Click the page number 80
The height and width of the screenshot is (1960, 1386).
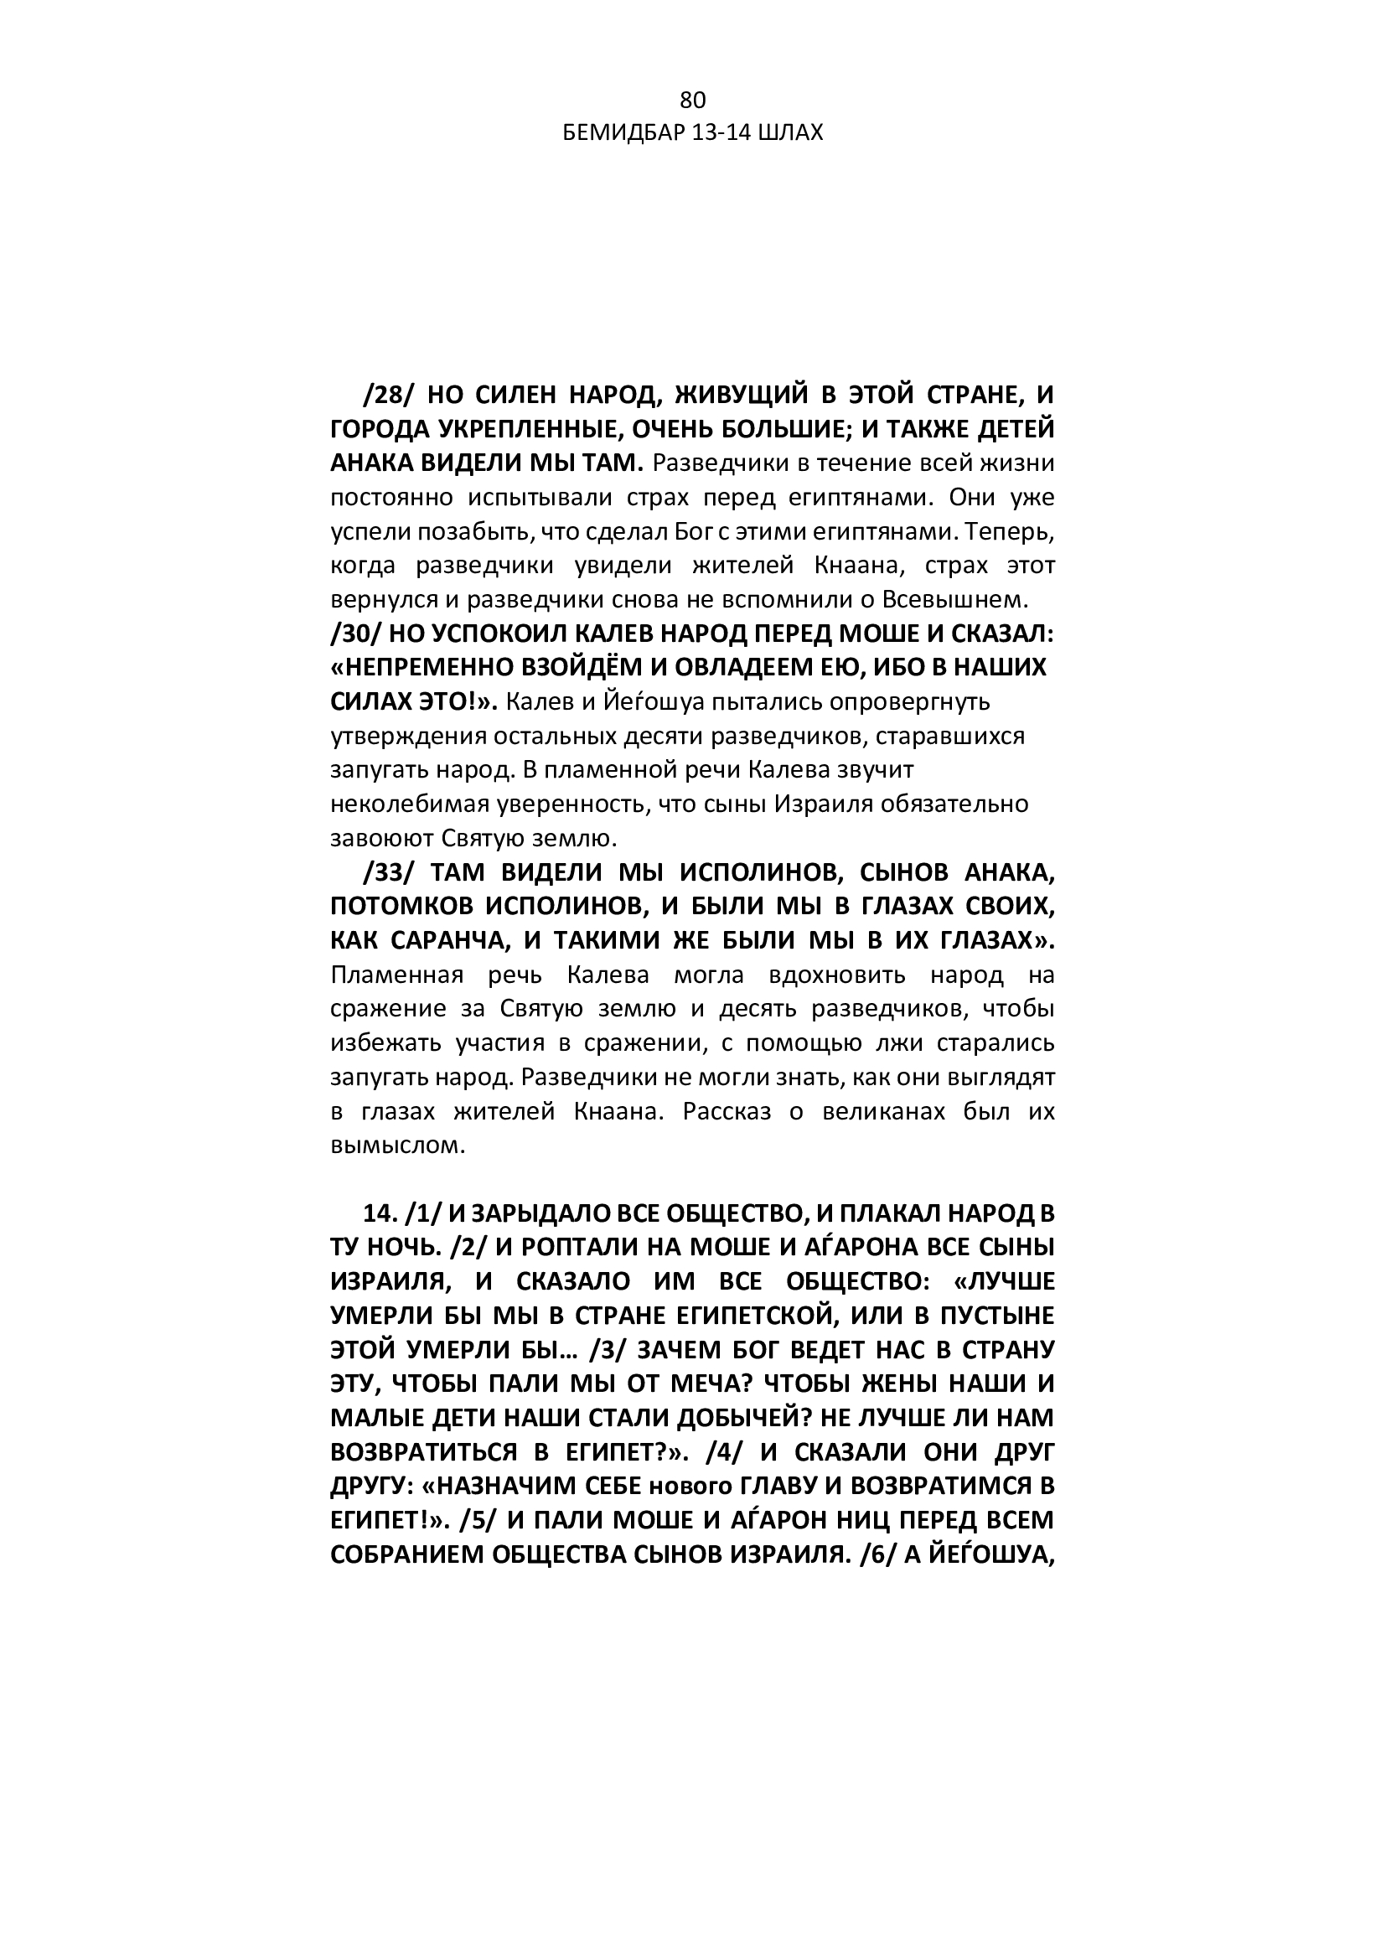click(692, 101)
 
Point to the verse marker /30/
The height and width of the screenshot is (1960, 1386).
click(354, 634)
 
